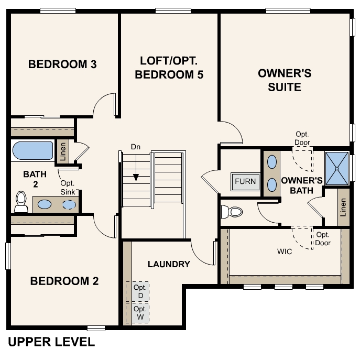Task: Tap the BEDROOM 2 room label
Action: point(64,281)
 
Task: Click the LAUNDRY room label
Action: point(169,264)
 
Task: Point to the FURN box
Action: point(245,182)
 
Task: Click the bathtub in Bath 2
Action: point(32,150)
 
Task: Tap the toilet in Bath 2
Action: point(21,201)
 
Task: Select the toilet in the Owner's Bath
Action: point(232,212)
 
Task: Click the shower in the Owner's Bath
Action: point(336,168)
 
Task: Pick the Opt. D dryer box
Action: point(138,292)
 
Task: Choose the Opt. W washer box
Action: point(138,312)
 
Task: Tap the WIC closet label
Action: point(285,252)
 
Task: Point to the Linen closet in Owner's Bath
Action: point(343,208)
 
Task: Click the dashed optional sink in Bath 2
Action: point(69,204)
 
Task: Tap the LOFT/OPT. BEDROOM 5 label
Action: point(169,67)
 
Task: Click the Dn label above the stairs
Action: point(136,147)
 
